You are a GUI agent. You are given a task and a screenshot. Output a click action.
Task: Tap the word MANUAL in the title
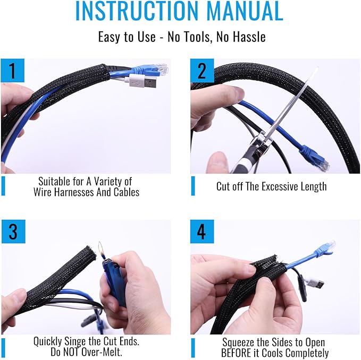tap(245, 11)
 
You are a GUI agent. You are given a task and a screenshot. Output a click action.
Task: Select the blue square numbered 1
tap(13, 70)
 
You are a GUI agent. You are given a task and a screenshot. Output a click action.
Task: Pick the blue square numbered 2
tap(202, 70)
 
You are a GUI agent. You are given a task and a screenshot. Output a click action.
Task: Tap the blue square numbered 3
tap(13, 232)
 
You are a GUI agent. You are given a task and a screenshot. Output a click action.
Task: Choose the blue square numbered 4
tap(202, 232)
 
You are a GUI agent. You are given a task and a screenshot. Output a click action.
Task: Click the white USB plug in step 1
tap(141, 81)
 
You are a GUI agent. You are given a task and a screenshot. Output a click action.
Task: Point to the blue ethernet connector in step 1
tap(149, 70)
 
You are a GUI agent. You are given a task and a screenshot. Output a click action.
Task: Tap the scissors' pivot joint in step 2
tap(264, 141)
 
